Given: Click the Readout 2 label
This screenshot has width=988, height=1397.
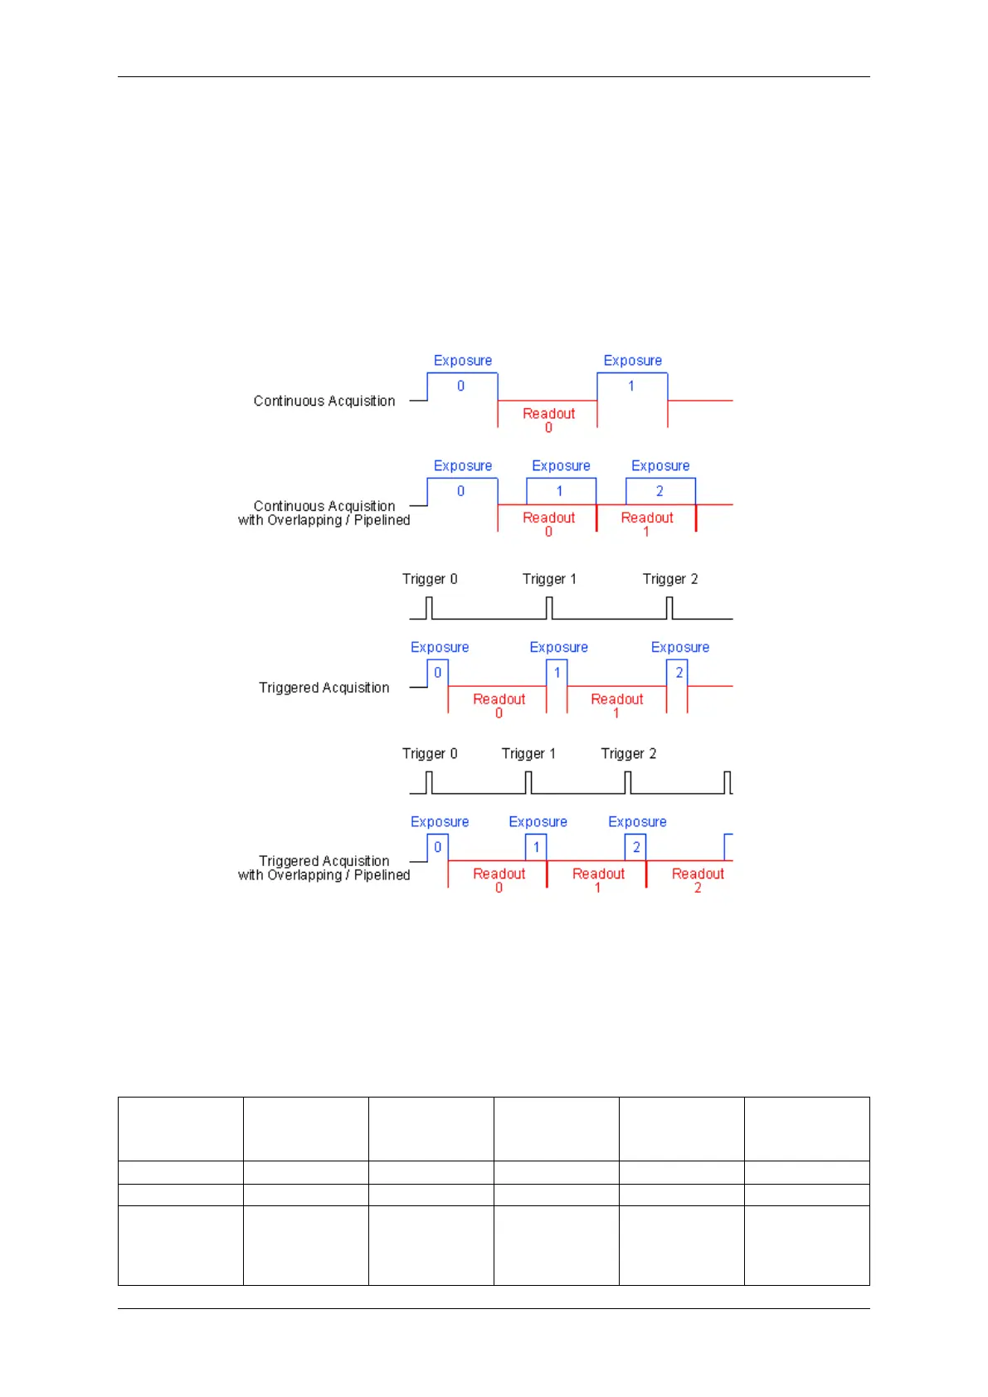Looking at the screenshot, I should (698, 879).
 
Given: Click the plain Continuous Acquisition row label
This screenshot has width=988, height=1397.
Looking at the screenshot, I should (324, 401).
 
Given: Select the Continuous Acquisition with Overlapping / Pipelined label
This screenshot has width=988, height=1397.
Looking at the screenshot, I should (324, 513).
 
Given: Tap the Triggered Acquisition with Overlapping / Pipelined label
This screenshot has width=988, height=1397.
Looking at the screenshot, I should (324, 868).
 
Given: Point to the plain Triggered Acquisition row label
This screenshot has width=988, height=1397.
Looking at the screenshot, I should (324, 688).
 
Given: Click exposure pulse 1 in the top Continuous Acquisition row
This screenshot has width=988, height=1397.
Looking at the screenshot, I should (632, 387).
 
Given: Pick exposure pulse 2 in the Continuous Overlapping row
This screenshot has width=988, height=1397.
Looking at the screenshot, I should (660, 491).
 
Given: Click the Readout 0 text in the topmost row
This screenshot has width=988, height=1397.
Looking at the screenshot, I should (548, 419).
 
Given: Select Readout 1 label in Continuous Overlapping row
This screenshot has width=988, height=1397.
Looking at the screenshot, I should (647, 523).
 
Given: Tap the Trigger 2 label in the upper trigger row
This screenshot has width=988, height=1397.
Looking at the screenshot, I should (670, 579).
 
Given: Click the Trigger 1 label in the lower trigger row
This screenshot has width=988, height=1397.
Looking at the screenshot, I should (528, 753).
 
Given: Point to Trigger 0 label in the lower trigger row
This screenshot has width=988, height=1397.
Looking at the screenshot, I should (430, 753).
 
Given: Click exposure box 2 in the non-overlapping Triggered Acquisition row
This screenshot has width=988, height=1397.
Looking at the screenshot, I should (678, 673).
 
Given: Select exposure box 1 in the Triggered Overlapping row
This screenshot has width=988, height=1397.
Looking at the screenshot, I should (536, 847).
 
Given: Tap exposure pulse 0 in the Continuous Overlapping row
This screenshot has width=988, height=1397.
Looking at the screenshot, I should (462, 491).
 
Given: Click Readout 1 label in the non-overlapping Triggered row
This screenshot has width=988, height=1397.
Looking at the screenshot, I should (616, 705).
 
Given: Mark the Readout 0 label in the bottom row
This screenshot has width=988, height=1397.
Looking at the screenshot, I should (499, 879).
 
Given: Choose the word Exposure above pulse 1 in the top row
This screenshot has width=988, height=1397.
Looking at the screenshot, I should (632, 361).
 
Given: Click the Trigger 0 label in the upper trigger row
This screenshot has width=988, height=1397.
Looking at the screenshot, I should (430, 579).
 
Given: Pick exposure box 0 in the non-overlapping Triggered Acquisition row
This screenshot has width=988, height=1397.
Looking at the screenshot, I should (438, 673).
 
